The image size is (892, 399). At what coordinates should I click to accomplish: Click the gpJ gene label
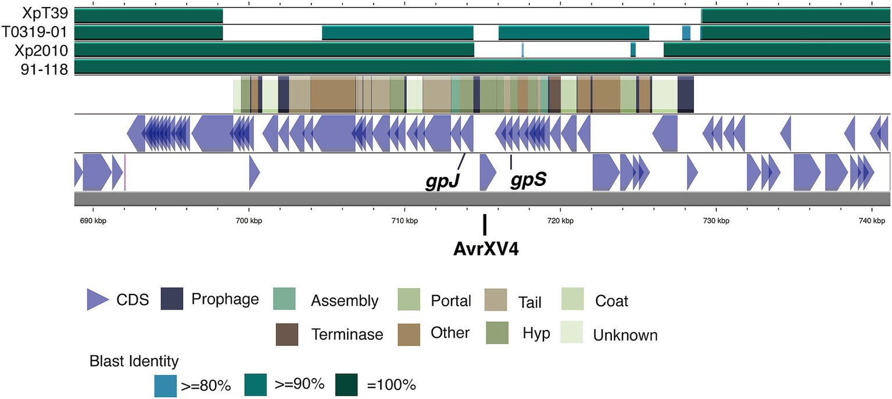pyautogui.click(x=443, y=181)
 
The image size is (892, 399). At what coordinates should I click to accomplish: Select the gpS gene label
pyautogui.click(x=528, y=180)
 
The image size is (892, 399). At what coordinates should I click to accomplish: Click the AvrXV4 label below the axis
pyautogui.click(x=485, y=249)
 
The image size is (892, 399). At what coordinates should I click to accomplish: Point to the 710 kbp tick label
pyautogui.click(x=404, y=221)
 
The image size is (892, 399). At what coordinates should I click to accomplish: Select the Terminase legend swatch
pyautogui.click(x=286, y=333)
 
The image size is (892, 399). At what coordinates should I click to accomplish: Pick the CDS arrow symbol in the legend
pyautogui.click(x=98, y=299)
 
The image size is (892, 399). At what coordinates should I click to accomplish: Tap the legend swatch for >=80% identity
pyautogui.click(x=165, y=385)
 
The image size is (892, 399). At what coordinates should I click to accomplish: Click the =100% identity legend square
pyautogui.click(x=346, y=384)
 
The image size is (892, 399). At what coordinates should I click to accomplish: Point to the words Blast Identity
pyautogui.click(x=134, y=362)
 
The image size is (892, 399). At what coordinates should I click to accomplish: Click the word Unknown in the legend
pyautogui.click(x=625, y=335)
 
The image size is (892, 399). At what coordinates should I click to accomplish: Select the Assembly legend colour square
pyautogui.click(x=284, y=300)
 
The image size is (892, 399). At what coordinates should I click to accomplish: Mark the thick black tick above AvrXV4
pyautogui.click(x=485, y=224)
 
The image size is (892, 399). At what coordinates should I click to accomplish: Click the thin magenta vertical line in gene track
pyautogui.click(x=125, y=172)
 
